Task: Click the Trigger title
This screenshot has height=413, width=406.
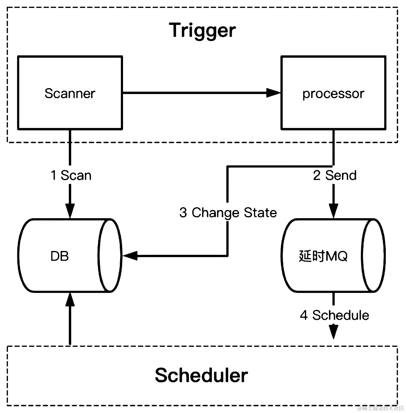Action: (x=202, y=30)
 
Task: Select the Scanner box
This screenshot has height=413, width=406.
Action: (x=70, y=93)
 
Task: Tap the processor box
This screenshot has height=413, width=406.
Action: (x=333, y=93)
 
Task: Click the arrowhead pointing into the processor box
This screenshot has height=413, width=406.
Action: (x=274, y=93)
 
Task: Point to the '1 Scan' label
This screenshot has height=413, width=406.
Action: (x=71, y=175)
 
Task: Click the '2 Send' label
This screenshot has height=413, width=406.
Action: (x=335, y=175)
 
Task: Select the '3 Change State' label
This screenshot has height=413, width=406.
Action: (x=228, y=213)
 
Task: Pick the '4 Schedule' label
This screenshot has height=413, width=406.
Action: (x=335, y=315)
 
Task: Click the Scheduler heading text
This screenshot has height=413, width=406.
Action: (x=201, y=375)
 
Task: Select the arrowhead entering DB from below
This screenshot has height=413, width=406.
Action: (x=70, y=299)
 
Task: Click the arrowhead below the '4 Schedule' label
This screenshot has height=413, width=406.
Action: (x=333, y=332)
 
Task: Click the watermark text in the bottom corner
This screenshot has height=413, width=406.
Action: (x=381, y=408)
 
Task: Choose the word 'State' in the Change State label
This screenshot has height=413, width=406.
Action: (x=260, y=213)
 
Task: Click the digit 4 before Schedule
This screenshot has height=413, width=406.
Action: (x=304, y=315)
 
